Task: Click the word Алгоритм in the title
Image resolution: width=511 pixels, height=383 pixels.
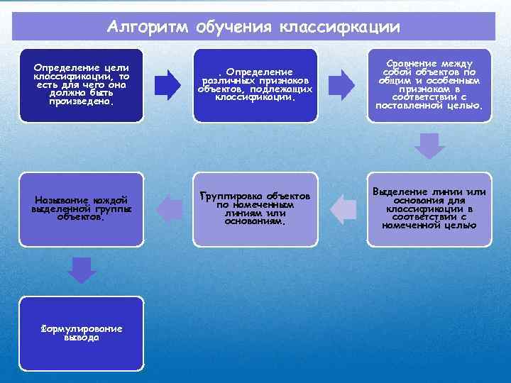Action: [147, 27]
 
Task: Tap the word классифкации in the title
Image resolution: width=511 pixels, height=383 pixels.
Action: [340, 27]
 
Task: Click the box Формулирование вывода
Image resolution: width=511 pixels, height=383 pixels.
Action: [81, 333]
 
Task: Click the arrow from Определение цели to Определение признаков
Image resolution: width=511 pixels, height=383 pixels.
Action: [167, 84]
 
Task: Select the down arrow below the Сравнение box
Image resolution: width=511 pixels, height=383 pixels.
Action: [429, 145]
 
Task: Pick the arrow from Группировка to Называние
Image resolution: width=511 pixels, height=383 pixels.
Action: [168, 208]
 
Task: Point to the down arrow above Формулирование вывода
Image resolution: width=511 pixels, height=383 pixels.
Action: [82, 270]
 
